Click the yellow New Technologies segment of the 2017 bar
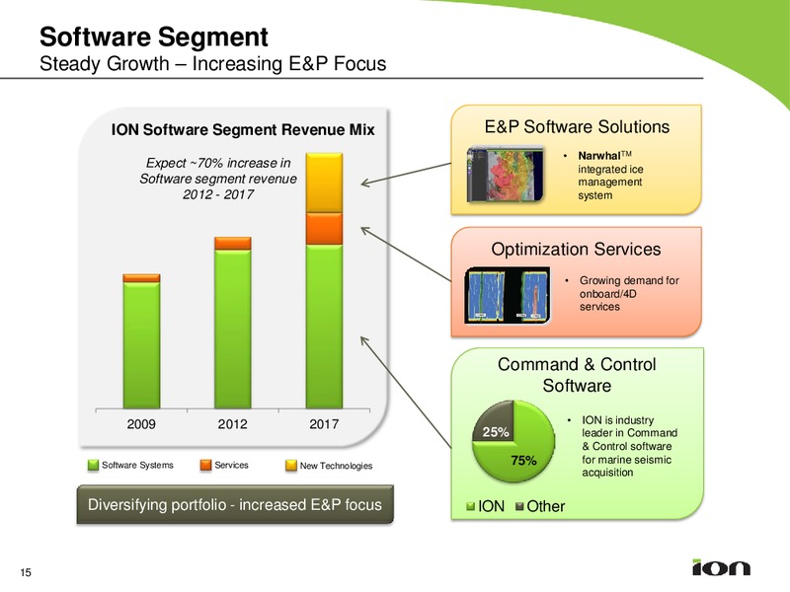(325, 183)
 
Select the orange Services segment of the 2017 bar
(325, 229)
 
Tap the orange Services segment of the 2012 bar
(233, 244)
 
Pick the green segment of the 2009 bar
(141, 345)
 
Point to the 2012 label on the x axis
(232, 424)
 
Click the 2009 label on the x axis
(141, 424)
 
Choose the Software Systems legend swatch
(93, 465)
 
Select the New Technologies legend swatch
(291, 465)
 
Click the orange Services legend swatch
(205, 465)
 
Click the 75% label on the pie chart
(524, 461)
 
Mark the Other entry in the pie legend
(540, 506)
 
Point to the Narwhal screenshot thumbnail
(506, 175)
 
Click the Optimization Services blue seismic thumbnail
(508, 295)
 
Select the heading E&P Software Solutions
(577, 127)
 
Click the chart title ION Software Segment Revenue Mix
(243, 130)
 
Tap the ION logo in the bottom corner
(722, 567)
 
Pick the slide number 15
(26, 572)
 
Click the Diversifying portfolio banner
(235, 504)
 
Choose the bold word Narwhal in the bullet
(599, 156)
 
